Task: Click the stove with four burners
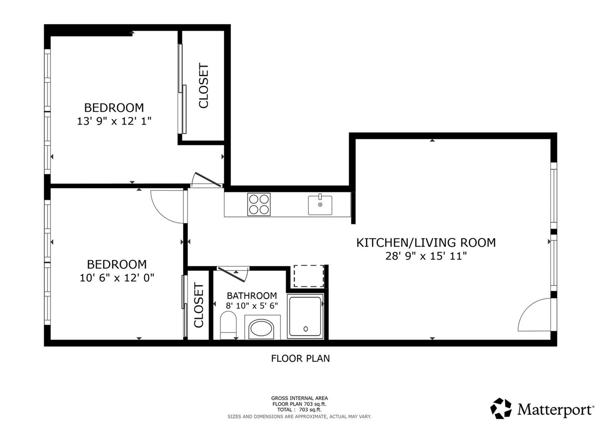[x=259, y=204]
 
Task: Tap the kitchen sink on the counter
[x=320, y=205]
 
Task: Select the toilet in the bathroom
[x=228, y=325]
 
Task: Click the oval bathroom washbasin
[x=261, y=329]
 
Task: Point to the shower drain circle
[x=305, y=329]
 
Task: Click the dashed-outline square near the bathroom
[x=309, y=276]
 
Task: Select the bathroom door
[x=231, y=275]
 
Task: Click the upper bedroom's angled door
[x=208, y=179]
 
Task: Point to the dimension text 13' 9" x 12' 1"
[x=114, y=121]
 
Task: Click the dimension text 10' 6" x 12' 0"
[x=117, y=278]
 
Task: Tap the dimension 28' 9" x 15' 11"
[x=426, y=256]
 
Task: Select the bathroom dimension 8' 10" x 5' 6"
[x=252, y=305]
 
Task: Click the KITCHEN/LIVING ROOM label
[x=426, y=243]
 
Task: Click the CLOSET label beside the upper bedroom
[x=203, y=86]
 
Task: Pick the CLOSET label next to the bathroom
[x=199, y=305]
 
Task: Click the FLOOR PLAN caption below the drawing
[x=300, y=358]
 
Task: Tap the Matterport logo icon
[x=501, y=408]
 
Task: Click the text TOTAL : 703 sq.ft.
[x=299, y=410]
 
